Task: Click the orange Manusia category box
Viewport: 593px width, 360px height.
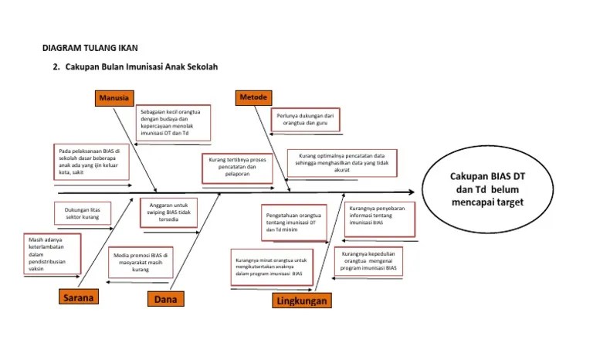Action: (115, 97)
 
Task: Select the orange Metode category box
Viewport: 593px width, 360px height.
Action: (253, 97)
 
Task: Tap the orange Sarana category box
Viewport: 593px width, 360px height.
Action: (80, 297)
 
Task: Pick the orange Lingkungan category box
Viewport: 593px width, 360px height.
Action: (300, 301)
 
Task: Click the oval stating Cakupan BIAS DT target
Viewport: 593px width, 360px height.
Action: (487, 188)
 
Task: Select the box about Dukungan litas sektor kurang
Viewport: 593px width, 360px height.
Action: (83, 213)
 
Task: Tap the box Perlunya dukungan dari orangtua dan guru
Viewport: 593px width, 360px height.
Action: (306, 120)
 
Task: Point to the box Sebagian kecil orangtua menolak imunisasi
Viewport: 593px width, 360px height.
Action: (174, 124)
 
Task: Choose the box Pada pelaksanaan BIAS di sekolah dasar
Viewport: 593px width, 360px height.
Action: (91, 161)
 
